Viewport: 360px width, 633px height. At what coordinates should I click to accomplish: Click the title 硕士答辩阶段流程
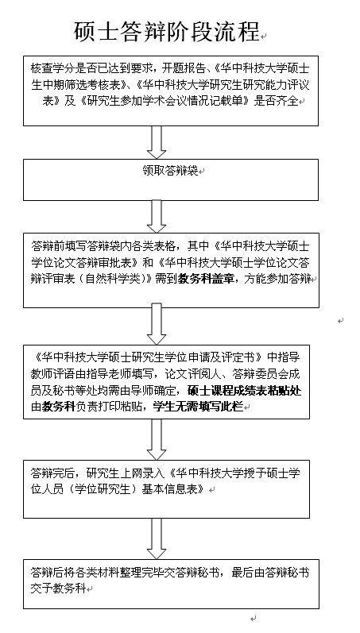point(166,32)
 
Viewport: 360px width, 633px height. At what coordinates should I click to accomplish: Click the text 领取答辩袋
point(170,171)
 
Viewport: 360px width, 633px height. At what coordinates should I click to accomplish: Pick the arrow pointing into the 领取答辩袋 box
point(157,142)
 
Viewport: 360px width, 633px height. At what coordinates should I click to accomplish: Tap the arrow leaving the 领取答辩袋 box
point(157,217)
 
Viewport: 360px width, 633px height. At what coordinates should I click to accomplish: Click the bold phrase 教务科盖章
point(206,279)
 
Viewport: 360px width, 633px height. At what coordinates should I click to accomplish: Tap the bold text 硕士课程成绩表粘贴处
point(245,391)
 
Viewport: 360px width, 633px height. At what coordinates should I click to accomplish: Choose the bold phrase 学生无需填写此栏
point(198,407)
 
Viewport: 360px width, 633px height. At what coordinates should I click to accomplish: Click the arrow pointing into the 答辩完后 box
point(157,439)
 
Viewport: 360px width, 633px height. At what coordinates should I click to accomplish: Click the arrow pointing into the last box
point(157,538)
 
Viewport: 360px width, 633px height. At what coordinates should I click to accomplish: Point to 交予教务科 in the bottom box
point(59,589)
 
